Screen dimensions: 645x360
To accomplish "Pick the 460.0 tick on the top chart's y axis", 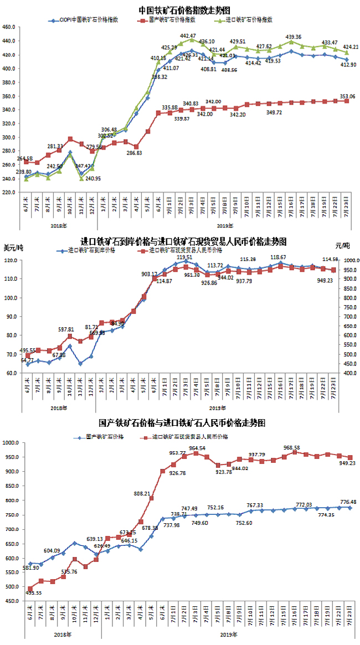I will point(9,27).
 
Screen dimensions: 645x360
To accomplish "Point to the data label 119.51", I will point(184,257).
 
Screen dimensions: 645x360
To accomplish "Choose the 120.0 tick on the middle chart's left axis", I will point(9,260).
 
